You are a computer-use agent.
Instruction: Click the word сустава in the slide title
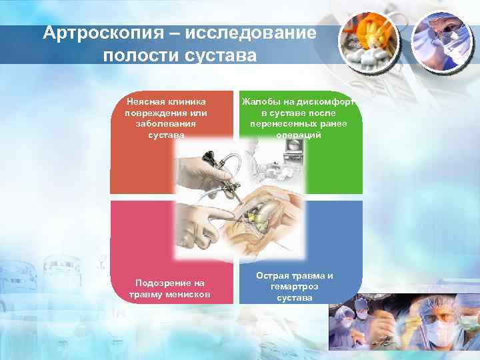point(217,55)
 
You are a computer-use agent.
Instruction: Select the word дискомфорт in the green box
point(327,102)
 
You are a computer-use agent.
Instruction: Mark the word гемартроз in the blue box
point(294,287)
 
